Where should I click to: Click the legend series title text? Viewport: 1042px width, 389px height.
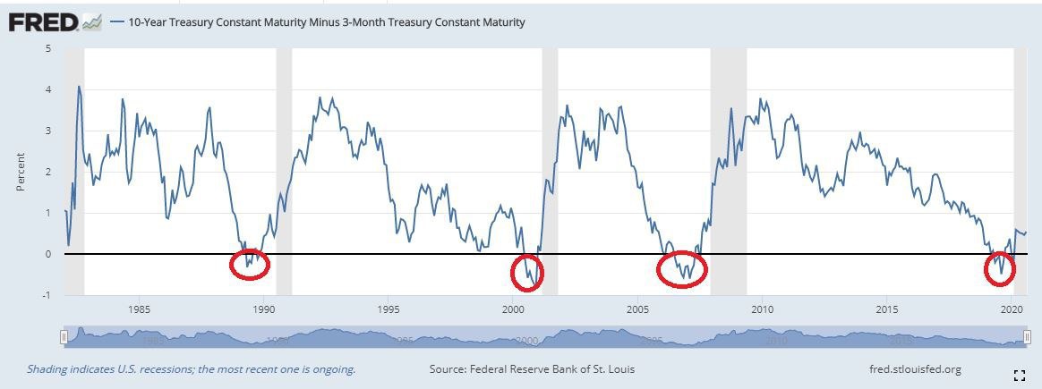(x=327, y=21)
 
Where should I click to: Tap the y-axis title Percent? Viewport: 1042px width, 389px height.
(x=21, y=172)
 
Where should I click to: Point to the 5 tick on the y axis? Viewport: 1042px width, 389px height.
(x=48, y=48)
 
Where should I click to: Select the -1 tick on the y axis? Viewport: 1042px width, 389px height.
(x=47, y=295)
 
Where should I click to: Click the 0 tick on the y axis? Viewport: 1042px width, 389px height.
(x=48, y=254)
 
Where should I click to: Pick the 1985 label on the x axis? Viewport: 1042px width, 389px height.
(x=139, y=309)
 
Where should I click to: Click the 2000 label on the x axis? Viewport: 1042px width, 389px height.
(x=513, y=309)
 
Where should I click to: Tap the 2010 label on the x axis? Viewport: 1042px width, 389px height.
(x=762, y=309)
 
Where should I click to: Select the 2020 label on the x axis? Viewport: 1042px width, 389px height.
(x=1012, y=309)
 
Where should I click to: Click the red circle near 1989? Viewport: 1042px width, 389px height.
(x=250, y=264)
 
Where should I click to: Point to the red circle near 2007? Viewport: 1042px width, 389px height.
(x=682, y=268)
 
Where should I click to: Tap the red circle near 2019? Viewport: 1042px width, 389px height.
(x=999, y=269)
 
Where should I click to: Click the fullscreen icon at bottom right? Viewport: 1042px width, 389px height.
(x=1019, y=375)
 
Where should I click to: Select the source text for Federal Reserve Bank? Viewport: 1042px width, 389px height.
(x=533, y=368)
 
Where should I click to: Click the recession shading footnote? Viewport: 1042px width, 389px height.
(x=191, y=368)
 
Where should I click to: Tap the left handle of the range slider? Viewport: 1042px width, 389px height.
(x=64, y=336)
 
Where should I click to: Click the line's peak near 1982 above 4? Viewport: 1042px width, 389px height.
(x=79, y=87)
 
